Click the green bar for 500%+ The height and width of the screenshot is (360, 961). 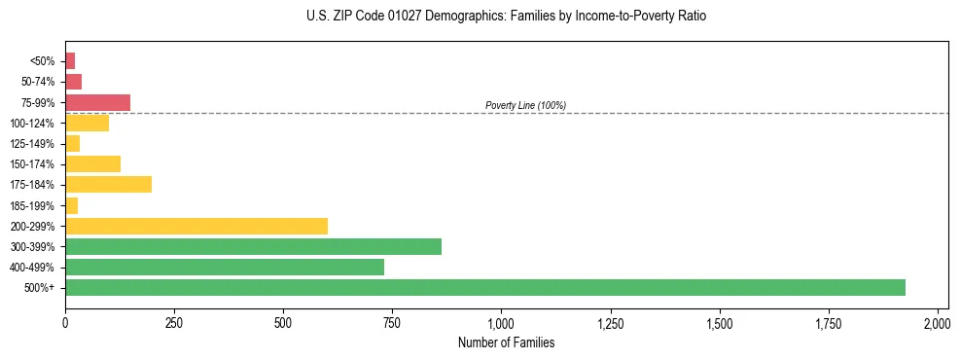[484, 287]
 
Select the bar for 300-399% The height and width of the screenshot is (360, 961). [253, 246]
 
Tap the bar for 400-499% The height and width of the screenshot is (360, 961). [224, 267]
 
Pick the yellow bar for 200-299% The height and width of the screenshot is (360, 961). [196, 226]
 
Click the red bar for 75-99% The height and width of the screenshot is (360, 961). [97, 102]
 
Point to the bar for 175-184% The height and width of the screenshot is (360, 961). [108, 184]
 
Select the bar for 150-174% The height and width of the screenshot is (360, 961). [92, 163]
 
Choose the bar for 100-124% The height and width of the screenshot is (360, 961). [87, 123]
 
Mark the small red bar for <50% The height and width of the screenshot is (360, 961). [70, 61]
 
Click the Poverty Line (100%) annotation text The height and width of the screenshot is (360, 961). [525, 105]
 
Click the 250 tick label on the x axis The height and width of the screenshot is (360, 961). [174, 322]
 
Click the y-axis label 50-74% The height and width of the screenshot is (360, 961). [40, 82]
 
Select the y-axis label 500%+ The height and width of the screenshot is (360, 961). [42, 288]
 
